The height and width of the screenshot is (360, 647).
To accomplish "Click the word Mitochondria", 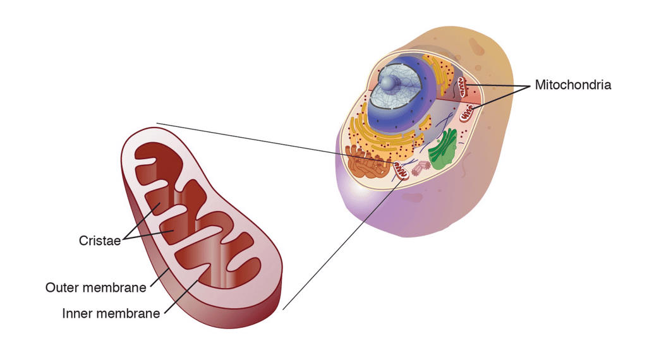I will coord(572,85).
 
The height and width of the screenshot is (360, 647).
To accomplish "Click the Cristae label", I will coord(100,241).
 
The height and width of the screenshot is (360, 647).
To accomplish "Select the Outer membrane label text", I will coord(95,287).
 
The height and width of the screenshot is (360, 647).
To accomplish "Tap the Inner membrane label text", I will coord(111,313).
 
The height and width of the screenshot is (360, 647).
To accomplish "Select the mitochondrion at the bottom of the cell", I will coord(401,169).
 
